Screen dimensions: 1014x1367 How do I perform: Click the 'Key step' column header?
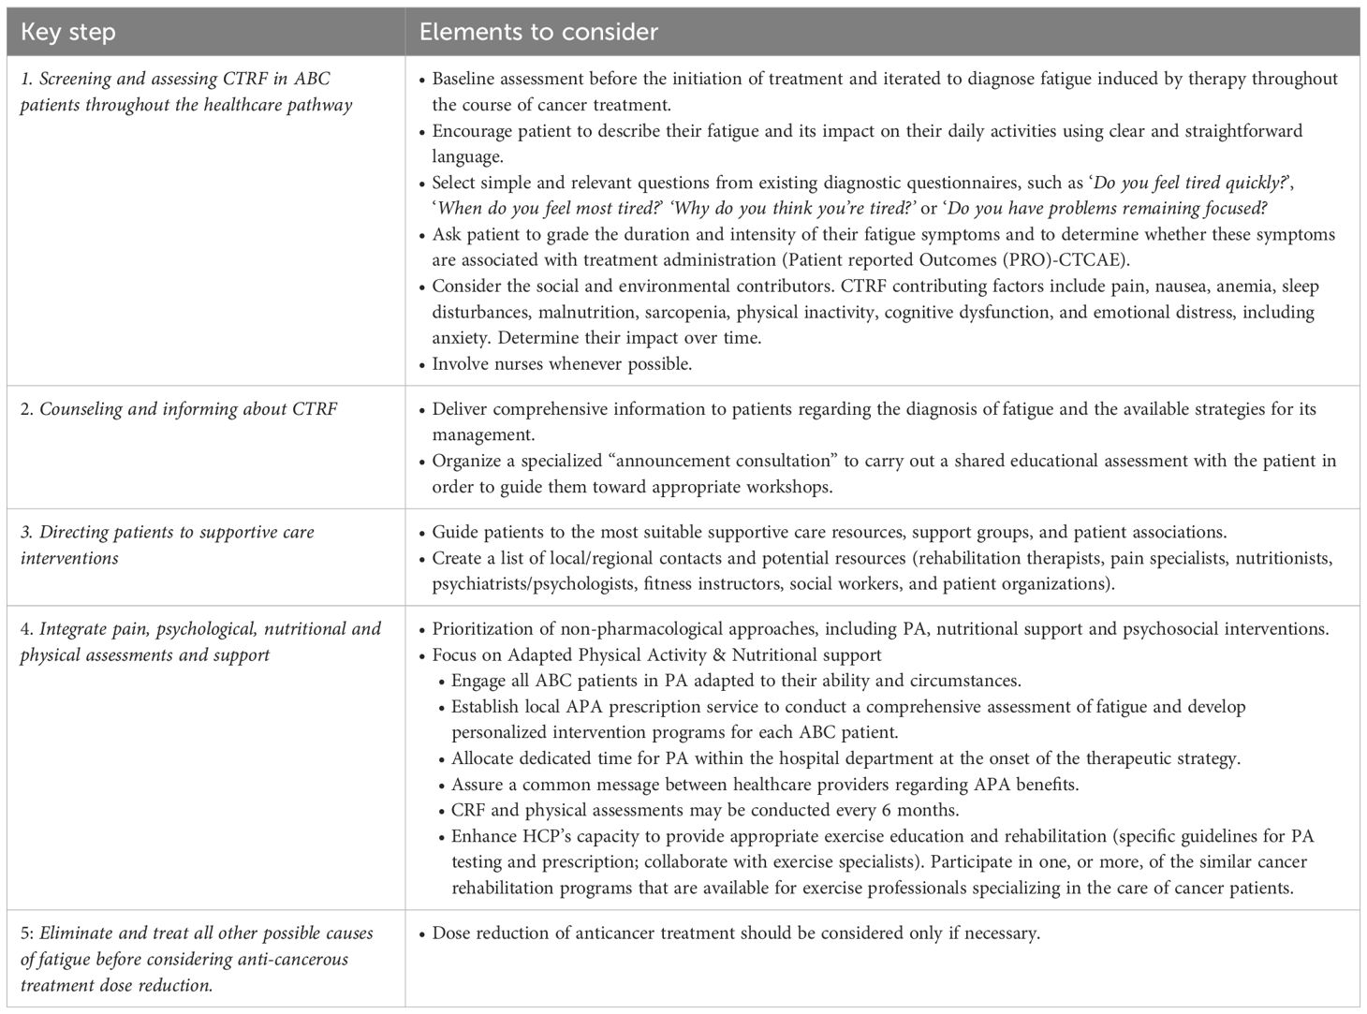(68, 32)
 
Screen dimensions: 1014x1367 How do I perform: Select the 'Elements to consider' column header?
(538, 32)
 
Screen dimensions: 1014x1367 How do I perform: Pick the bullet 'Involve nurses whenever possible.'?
(562, 364)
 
